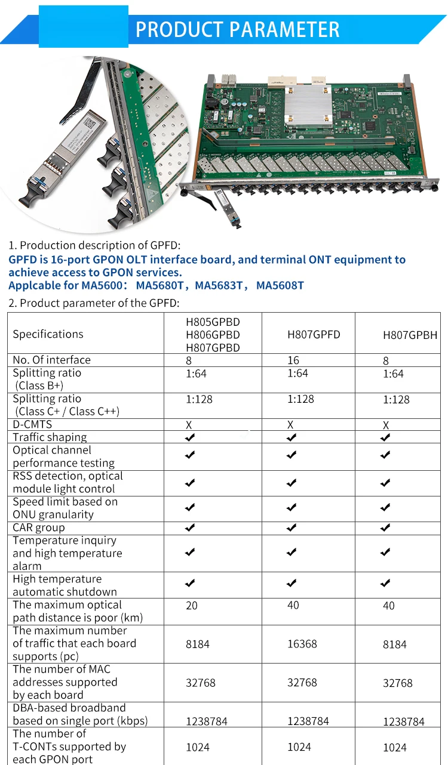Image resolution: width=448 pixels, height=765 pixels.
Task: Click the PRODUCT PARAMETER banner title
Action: (237, 29)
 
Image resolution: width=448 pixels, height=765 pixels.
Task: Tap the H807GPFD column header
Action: (314, 335)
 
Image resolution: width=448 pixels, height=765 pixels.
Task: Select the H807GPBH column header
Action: (410, 335)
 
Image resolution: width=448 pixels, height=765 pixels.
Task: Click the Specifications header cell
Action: (48, 334)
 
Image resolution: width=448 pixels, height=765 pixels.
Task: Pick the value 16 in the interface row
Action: (293, 360)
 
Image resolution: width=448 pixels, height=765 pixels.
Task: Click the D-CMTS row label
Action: (32, 424)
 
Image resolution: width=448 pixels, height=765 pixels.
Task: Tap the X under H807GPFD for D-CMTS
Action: (290, 425)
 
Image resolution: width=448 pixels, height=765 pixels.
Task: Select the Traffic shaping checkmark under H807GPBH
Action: (386, 437)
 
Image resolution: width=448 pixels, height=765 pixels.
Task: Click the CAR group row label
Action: (39, 528)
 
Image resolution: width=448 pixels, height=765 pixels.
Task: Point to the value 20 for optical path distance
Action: (192, 605)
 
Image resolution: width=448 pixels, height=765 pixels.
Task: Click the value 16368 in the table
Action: (302, 644)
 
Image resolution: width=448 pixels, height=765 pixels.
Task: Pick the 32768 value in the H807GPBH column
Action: (398, 683)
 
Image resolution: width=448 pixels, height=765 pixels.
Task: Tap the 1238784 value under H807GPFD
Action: (308, 721)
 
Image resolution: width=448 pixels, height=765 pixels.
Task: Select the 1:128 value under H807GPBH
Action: (396, 400)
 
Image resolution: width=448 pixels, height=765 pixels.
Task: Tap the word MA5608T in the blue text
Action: (280, 285)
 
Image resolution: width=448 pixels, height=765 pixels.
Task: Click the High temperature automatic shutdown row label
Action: (65, 585)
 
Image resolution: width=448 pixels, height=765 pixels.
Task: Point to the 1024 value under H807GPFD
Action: (299, 747)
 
